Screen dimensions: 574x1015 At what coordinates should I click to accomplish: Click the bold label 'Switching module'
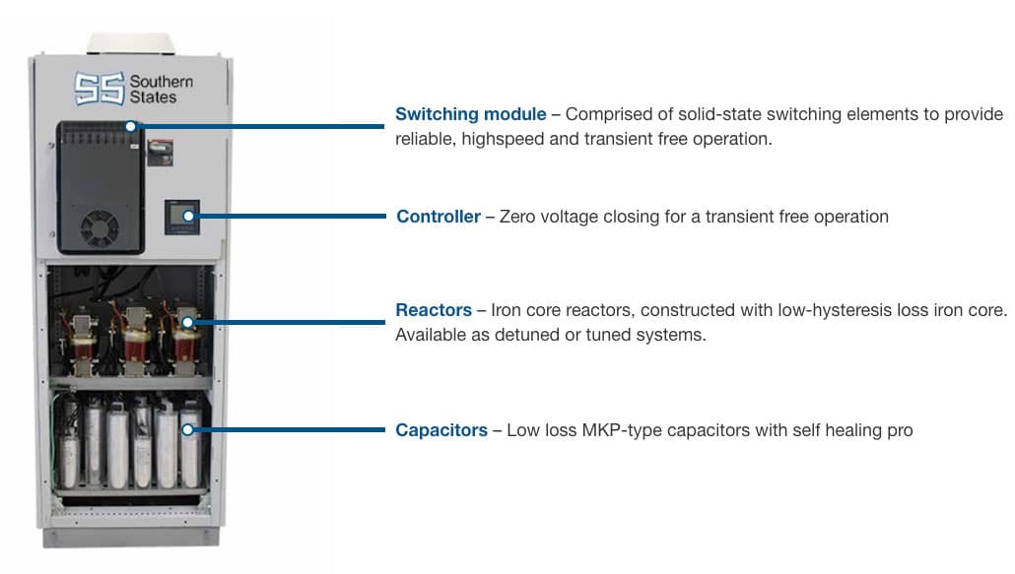click(x=470, y=115)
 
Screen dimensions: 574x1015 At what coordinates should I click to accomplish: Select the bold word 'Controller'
click(x=438, y=217)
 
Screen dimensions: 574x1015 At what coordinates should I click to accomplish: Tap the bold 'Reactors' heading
click(x=433, y=311)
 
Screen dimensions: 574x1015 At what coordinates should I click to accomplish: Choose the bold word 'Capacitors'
click(x=440, y=430)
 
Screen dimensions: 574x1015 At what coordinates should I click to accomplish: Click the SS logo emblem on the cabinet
click(x=100, y=88)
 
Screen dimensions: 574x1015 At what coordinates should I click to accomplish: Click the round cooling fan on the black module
click(x=100, y=229)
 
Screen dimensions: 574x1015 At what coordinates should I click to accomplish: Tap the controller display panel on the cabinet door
click(x=182, y=215)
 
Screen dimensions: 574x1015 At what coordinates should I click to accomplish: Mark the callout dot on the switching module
click(x=131, y=126)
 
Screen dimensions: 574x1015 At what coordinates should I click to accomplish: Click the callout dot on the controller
click(x=188, y=216)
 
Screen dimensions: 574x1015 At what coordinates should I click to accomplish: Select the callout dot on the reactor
click(x=187, y=321)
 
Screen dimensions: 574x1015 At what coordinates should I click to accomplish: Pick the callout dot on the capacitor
click(x=188, y=430)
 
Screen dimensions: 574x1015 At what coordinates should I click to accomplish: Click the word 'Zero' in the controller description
click(x=518, y=217)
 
